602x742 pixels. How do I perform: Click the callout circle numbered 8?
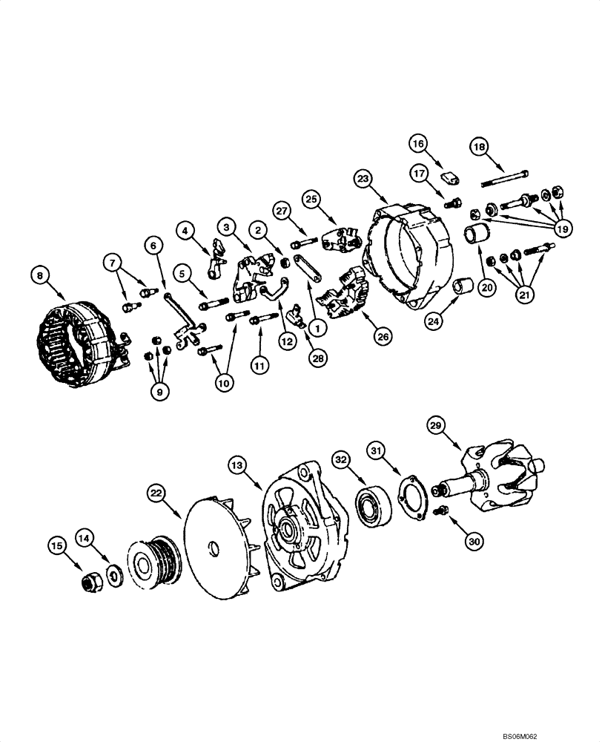point(41,275)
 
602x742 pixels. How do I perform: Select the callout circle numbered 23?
point(363,180)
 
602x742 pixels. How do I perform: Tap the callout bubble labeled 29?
point(436,426)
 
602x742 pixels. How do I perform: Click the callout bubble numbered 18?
point(480,148)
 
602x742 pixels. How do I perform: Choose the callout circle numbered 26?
point(382,336)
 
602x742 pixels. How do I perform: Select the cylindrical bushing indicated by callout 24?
point(464,285)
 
